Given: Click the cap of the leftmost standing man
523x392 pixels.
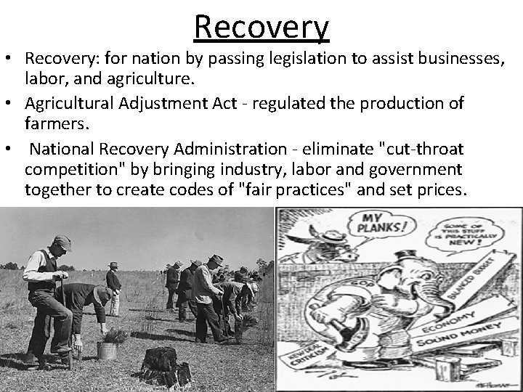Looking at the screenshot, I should tap(62, 242).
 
